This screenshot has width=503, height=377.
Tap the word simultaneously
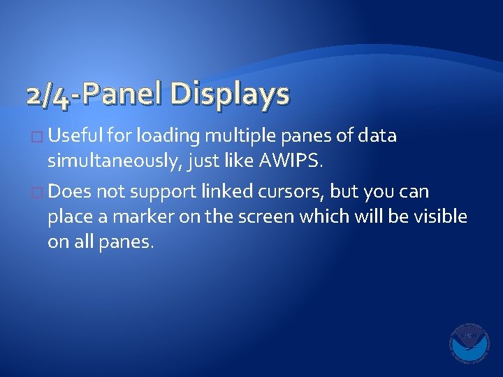[x=117, y=163]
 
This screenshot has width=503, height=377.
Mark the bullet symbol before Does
[x=39, y=191]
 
